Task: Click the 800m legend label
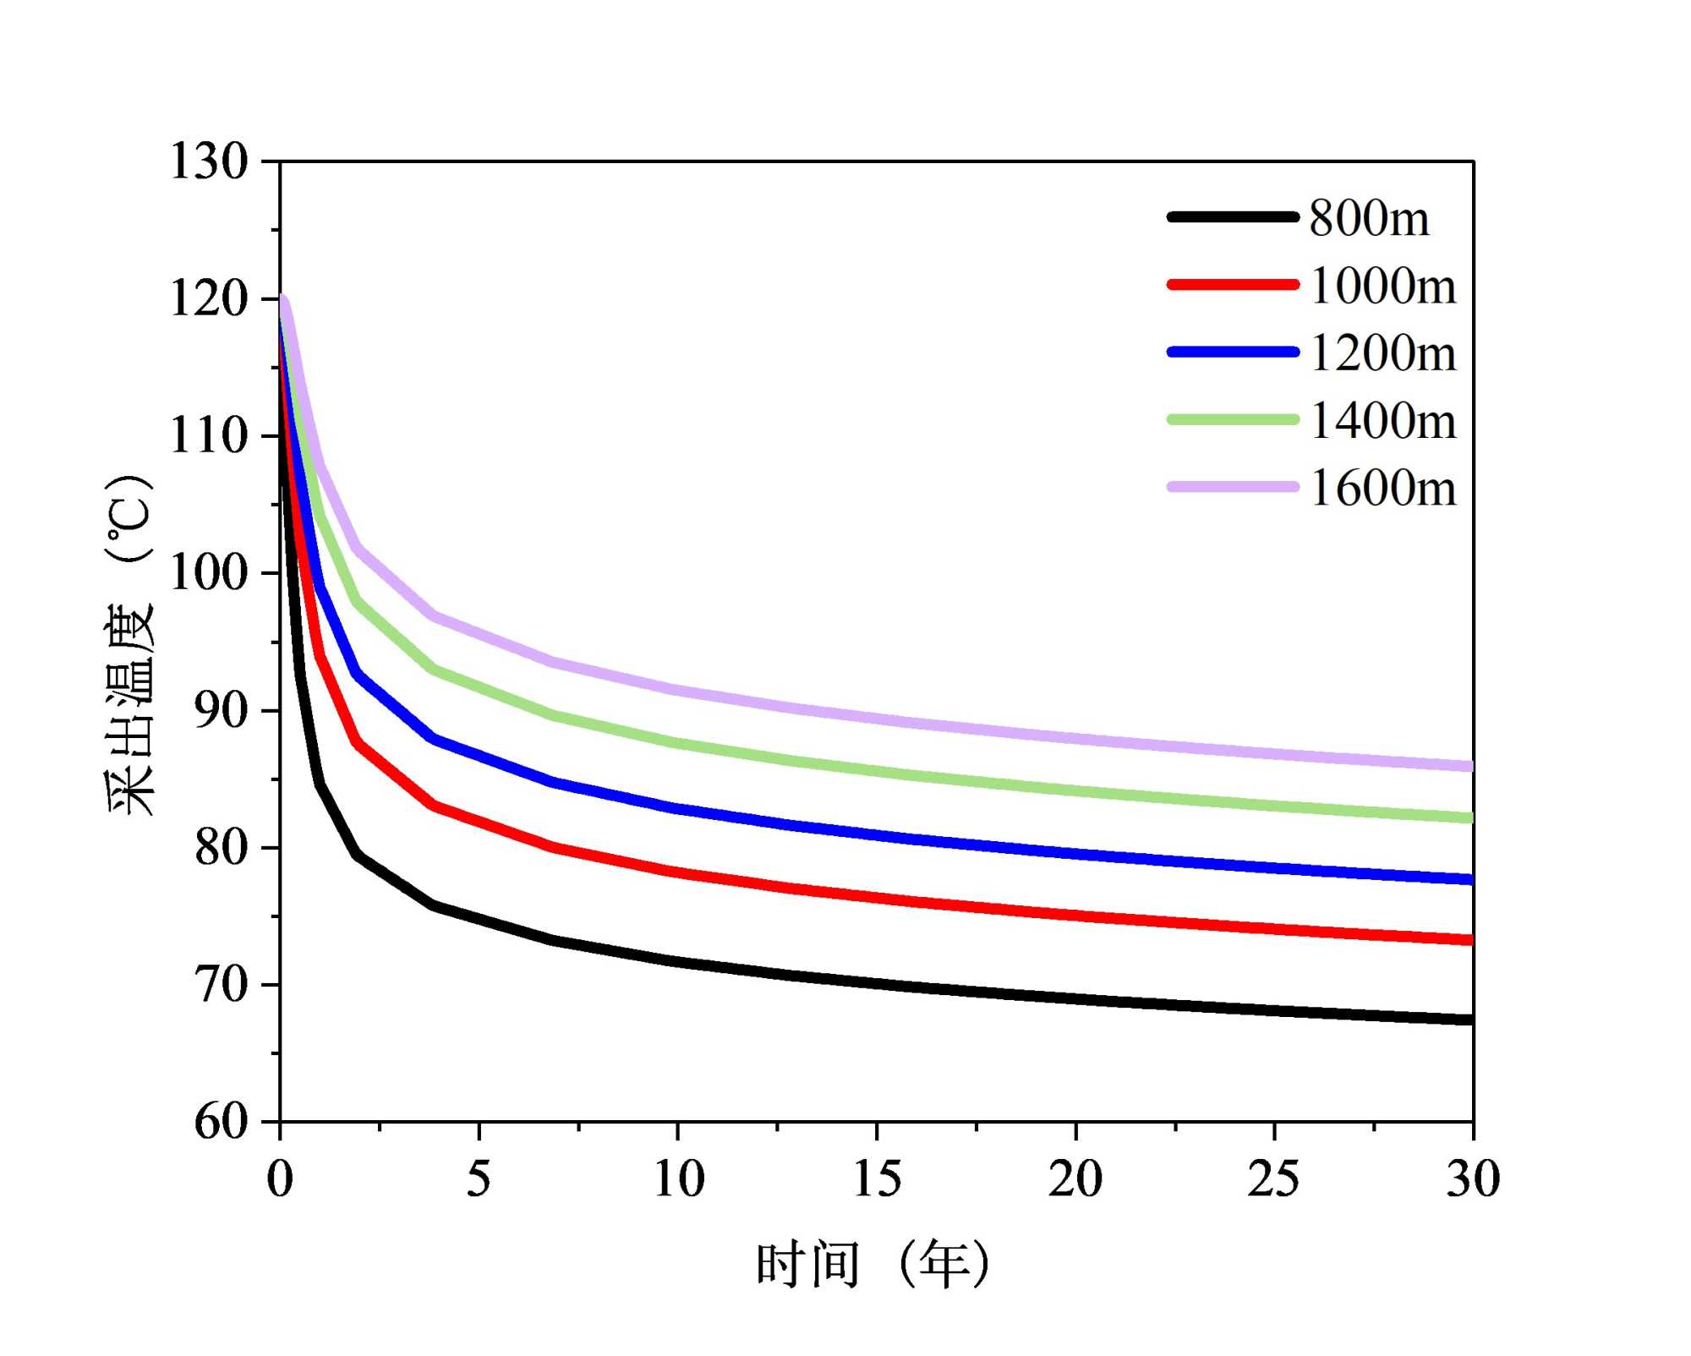pos(1369,218)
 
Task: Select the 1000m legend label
pos(1382,286)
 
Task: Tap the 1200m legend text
pos(1382,353)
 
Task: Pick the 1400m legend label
pos(1382,420)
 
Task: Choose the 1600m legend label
pos(1382,488)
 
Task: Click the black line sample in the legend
pos(1233,217)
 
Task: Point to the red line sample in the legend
pos(1233,285)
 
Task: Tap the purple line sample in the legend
pos(1233,487)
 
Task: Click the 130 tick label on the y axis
pos(209,161)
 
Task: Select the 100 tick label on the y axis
pos(209,572)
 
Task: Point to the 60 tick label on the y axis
pos(221,1122)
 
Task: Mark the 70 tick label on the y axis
pos(221,985)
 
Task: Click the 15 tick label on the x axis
pos(877,1178)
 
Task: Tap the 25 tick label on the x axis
pos(1273,1178)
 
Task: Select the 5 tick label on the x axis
pos(479,1178)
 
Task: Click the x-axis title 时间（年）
pos(873,1265)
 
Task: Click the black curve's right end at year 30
pos(1470,1020)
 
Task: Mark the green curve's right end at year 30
pos(1470,817)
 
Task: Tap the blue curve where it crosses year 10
pos(678,809)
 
